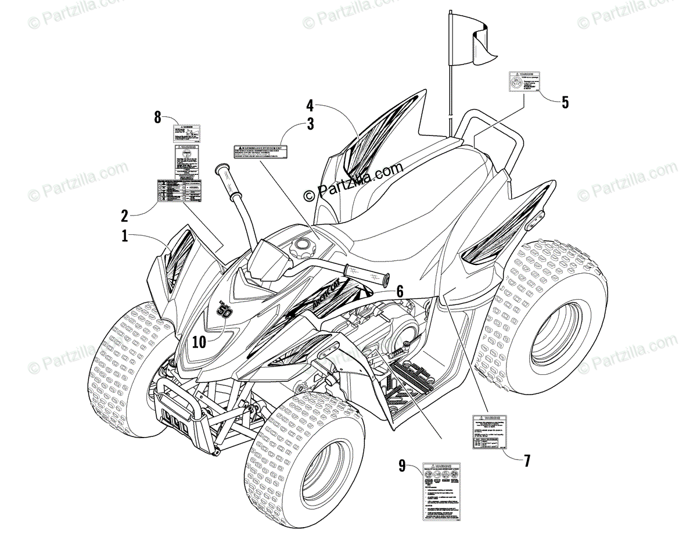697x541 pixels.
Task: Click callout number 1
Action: pyautogui.click(x=125, y=237)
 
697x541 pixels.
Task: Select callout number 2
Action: pyautogui.click(x=124, y=216)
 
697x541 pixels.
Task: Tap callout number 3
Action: pyautogui.click(x=311, y=123)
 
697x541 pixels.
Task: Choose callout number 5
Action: pyautogui.click(x=565, y=102)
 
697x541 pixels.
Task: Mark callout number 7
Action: pyautogui.click(x=527, y=461)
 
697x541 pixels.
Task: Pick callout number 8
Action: pyautogui.click(x=157, y=117)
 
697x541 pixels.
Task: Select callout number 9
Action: pyautogui.click(x=402, y=465)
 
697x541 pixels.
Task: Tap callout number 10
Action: pyautogui.click(x=199, y=342)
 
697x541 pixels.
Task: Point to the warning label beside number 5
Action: pyautogui.click(x=524, y=81)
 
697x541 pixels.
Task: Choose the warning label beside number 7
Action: pyautogui.click(x=489, y=432)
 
